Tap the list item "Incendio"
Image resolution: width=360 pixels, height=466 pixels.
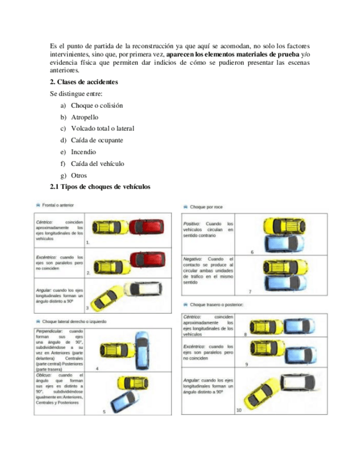coord(83,152)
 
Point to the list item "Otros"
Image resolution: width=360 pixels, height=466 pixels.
coord(79,175)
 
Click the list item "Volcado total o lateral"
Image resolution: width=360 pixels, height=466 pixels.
coord(102,129)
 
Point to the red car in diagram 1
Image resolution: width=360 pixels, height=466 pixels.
coord(146,226)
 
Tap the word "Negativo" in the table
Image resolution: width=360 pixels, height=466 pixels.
coord(193,258)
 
